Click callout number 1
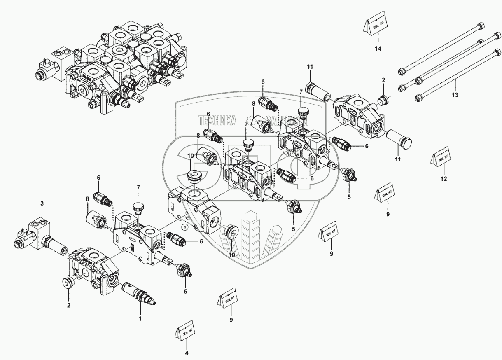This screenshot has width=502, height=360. tap(140, 318)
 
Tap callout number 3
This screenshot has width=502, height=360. tap(42, 203)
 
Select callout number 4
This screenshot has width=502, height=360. tap(186, 353)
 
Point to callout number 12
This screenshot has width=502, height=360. tap(443, 179)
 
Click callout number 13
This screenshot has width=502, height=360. tap(455, 94)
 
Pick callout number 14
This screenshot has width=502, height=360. tap(378, 49)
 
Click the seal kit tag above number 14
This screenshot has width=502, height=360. tap(375, 26)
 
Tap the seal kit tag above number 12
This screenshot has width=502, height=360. tap(441, 157)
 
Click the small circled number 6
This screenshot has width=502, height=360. tap(185, 227)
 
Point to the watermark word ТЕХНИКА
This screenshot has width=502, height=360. tap(217, 120)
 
